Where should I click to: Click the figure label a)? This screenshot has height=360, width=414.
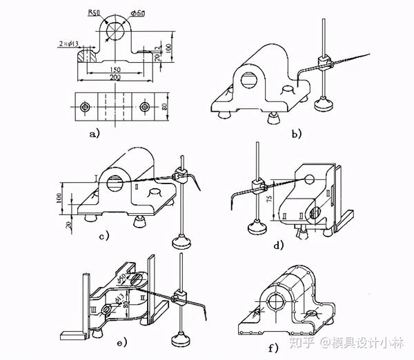tap(95, 134)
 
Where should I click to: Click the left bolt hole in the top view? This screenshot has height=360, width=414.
tap(84, 108)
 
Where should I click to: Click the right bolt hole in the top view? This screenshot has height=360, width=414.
tap(144, 108)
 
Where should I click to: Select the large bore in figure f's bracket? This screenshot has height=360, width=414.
tap(277, 301)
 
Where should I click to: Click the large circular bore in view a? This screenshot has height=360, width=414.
tap(115, 34)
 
